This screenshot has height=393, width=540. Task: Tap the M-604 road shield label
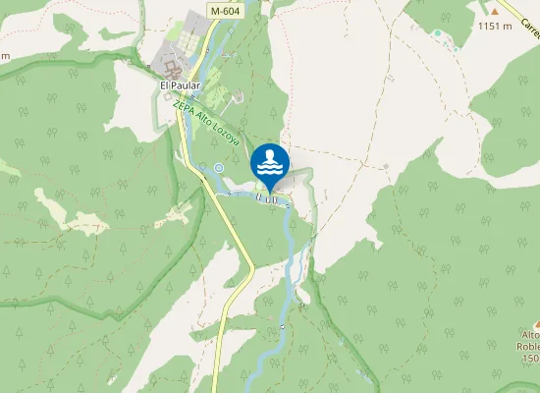tap(223, 10)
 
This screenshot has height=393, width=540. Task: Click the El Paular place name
tap(180, 85)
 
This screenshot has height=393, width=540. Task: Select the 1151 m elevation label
tap(497, 27)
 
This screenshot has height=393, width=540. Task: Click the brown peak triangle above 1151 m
tap(496, 12)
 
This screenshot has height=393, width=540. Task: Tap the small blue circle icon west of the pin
tap(219, 168)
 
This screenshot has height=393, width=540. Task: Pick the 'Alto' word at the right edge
tap(530, 335)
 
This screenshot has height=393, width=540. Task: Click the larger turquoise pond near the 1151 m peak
tap(437, 32)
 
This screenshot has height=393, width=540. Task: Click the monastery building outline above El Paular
tap(173, 70)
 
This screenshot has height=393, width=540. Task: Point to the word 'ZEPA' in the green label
tap(181, 105)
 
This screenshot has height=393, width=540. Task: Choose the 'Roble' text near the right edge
tap(529, 347)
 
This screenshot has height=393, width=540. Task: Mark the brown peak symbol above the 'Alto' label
tap(536, 323)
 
